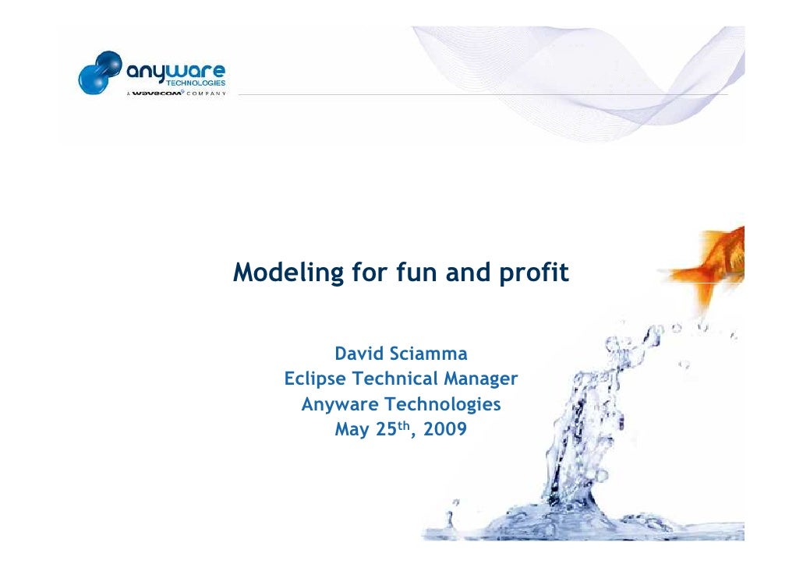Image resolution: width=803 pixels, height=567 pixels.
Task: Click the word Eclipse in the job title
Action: pos(316,380)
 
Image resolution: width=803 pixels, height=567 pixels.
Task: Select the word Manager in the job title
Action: pos(484,380)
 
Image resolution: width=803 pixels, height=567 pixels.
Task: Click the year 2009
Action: pos(447,430)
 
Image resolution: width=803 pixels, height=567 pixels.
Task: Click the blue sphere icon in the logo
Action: pos(98,72)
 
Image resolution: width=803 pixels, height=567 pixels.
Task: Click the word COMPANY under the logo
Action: pos(205,93)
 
